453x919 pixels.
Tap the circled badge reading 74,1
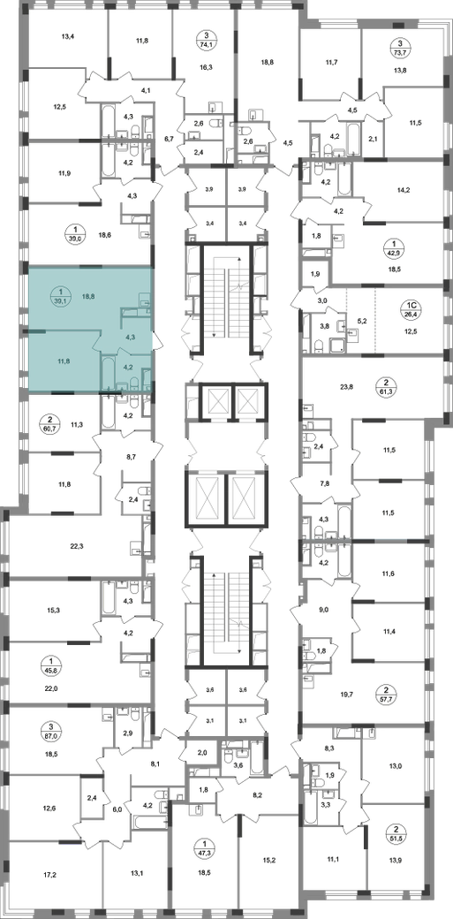click(204, 40)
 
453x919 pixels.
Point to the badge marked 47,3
click(205, 849)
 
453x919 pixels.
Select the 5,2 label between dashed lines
click(361, 321)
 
